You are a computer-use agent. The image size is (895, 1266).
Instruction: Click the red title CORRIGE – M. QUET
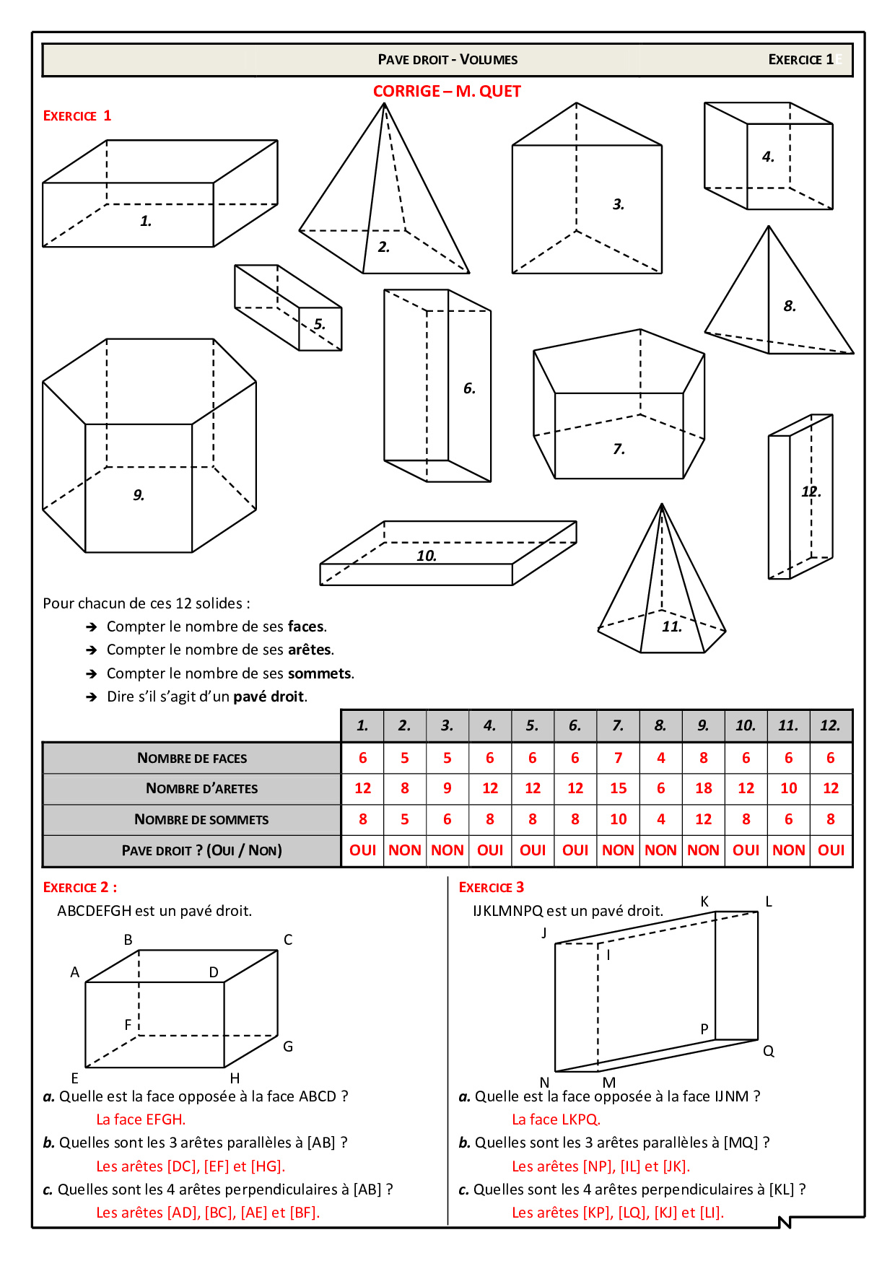pyautogui.click(x=447, y=91)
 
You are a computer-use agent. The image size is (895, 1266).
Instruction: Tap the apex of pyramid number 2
pyautogui.click(x=384, y=104)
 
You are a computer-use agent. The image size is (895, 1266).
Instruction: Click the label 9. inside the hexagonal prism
pyautogui.click(x=139, y=495)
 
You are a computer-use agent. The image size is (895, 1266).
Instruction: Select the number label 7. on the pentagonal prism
pyautogui.click(x=619, y=449)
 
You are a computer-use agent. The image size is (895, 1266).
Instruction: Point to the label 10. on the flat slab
pyautogui.click(x=426, y=556)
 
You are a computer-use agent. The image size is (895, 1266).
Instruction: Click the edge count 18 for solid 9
pyautogui.click(x=703, y=788)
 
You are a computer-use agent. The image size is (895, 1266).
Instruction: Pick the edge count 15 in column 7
pyautogui.click(x=618, y=788)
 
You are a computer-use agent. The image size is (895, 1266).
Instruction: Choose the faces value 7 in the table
pyautogui.click(x=618, y=758)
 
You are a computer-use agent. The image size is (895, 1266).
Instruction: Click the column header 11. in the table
pyautogui.click(x=788, y=725)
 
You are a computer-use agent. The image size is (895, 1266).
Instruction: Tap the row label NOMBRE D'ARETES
pyautogui.click(x=201, y=788)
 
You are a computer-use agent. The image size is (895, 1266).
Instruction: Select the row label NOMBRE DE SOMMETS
pyautogui.click(x=201, y=819)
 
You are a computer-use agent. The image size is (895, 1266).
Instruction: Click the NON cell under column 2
pyautogui.click(x=404, y=850)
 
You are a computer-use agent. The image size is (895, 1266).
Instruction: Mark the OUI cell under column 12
pyautogui.click(x=831, y=850)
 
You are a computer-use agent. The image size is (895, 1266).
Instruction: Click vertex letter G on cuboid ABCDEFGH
pyautogui.click(x=287, y=1047)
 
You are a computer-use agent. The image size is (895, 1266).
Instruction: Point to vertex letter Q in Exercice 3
pyautogui.click(x=769, y=1052)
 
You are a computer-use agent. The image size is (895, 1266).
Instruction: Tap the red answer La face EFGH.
pyautogui.click(x=141, y=1119)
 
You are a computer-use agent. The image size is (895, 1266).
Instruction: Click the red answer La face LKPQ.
pyautogui.click(x=556, y=1119)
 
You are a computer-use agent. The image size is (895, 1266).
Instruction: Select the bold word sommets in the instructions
pyautogui.click(x=320, y=673)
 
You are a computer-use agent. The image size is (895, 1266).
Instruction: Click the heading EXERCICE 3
pyautogui.click(x=492, y=887)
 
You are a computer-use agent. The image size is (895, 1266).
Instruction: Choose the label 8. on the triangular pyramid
pyautogui.click(x=790, y=306)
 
